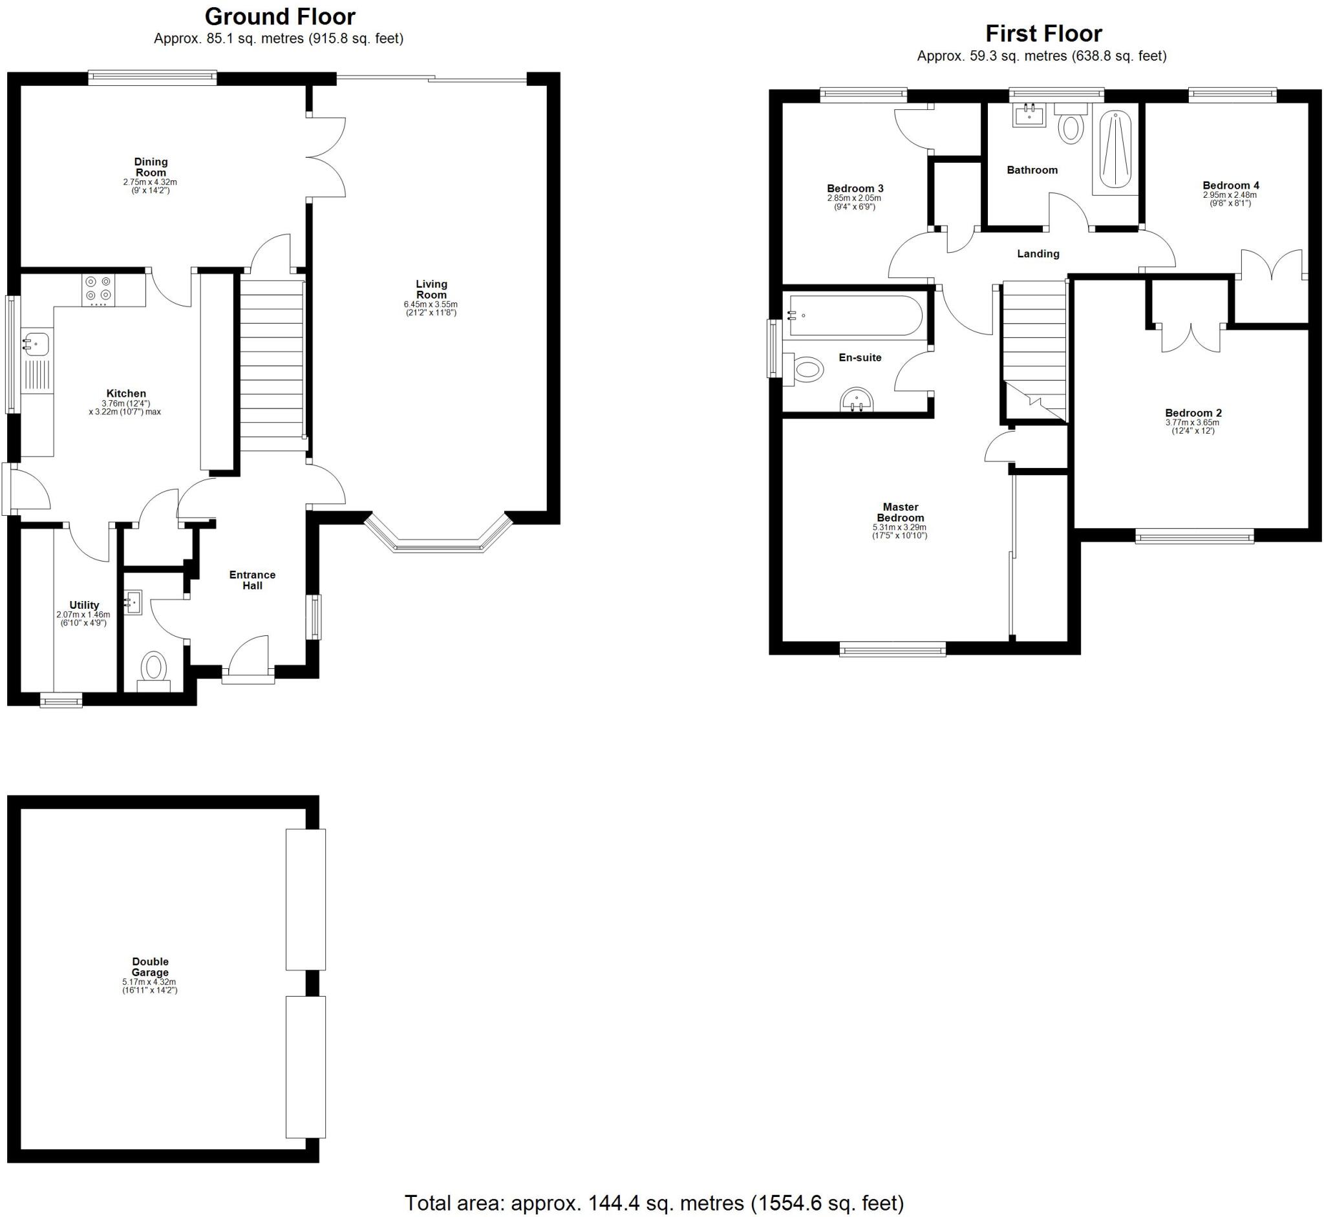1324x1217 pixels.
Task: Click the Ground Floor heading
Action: (x=280, y=16)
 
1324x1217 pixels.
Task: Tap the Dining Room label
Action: (x=151, y=167)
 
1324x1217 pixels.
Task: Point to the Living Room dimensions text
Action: (x=431, y=309)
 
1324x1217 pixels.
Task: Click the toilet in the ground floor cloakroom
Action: (x=154, y=666)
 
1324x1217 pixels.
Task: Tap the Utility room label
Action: (x=84, y=605)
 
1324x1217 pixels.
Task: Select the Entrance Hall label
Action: (x=252, y=580)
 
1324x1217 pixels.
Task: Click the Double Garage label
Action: (x=150, y=967)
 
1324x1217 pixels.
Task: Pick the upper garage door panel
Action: (x=306, y=900)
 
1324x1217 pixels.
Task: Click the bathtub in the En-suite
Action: (x=855, y=316)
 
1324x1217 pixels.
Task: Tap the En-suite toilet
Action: (x=807, y=370)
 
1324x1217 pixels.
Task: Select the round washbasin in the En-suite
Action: (x=857, y=399)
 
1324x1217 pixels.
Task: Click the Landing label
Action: (x=1038, y=253)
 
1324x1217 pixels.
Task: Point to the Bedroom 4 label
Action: (x=1230, y=185)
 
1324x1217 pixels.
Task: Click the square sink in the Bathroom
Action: (x=1029, y=116)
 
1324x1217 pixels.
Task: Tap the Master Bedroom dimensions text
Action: (x=900, y=531)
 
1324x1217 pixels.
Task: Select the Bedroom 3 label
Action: (x=855, y=189)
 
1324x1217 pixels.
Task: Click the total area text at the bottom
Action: (x=654, y=1203)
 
